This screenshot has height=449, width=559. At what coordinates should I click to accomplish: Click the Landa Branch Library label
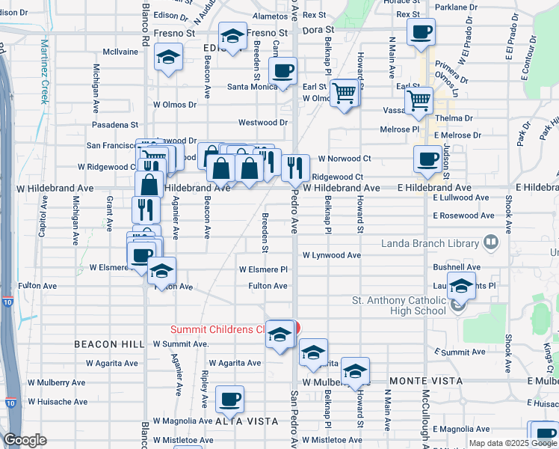pos(430,243)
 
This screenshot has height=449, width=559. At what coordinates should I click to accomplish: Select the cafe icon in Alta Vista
pos(229,399)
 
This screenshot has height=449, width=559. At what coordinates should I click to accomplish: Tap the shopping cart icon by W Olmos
pos(344,93)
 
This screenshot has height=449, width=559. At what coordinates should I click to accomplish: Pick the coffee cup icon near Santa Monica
pos(282,71)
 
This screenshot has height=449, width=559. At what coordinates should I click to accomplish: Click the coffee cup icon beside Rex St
pos(421,32)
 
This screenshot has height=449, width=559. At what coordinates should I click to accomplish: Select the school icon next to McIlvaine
pos(168,57)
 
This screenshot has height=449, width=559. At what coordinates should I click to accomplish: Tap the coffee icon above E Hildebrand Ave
pos(427,158)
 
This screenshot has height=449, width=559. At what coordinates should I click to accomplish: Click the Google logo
pos(25,440)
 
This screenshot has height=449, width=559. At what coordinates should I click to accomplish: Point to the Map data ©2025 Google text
pos(513,443)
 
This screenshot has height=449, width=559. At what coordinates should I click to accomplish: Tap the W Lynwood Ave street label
pos(332,255)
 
